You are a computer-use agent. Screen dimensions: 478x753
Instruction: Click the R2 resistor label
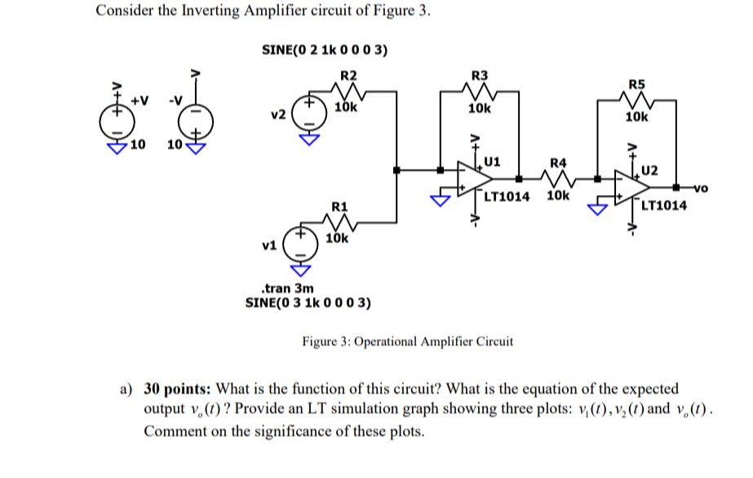click(348, 75)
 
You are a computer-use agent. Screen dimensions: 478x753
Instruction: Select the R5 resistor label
click(636, 84)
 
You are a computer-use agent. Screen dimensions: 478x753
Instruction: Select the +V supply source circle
click(115, 122)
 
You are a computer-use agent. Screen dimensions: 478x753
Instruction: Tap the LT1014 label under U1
click(507, 197)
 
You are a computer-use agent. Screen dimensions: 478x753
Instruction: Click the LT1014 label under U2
click(664, 206)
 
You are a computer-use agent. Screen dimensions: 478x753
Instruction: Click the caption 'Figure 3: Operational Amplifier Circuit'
click(408, 341)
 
